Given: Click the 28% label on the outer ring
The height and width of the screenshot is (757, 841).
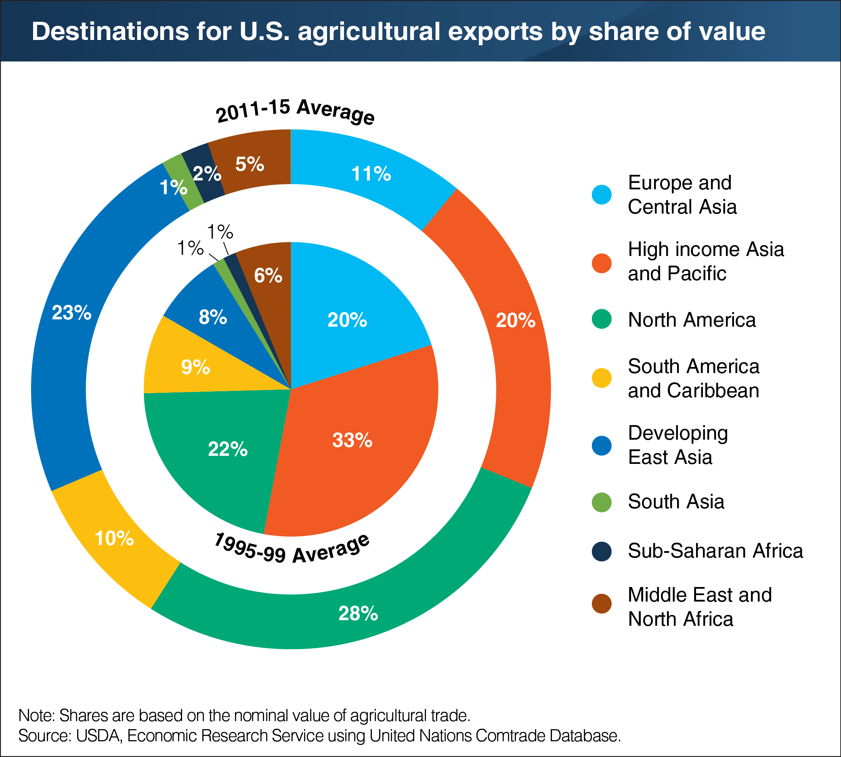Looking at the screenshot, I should click(x=358, y=614).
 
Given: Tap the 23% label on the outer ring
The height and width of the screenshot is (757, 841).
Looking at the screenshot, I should click(x=71, y=312).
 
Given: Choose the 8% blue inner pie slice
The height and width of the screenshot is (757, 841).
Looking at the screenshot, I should click(x=212, y=317).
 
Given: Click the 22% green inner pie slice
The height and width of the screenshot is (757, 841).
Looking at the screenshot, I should click(x=228, y=449).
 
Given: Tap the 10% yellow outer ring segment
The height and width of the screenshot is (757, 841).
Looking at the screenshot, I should click(x=114, y=538).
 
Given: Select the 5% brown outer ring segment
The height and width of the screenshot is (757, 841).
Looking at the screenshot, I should click(x=250, y=164).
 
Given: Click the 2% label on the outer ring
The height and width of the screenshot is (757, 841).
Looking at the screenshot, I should click(x=206, y=174).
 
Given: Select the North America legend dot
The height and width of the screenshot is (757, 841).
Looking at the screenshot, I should click(x=602, y=319).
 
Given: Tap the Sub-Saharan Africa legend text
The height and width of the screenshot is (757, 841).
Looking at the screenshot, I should click(x=715, y=551).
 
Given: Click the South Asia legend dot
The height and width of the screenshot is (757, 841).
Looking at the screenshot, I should click(x=602, y=502).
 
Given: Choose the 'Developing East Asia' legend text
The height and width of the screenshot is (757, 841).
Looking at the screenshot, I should click(x=677, y=445).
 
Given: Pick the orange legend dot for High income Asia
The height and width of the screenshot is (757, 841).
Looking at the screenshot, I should click(x=602, y=263).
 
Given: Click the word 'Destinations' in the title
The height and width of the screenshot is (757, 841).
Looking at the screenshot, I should click(x=110, y=31).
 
